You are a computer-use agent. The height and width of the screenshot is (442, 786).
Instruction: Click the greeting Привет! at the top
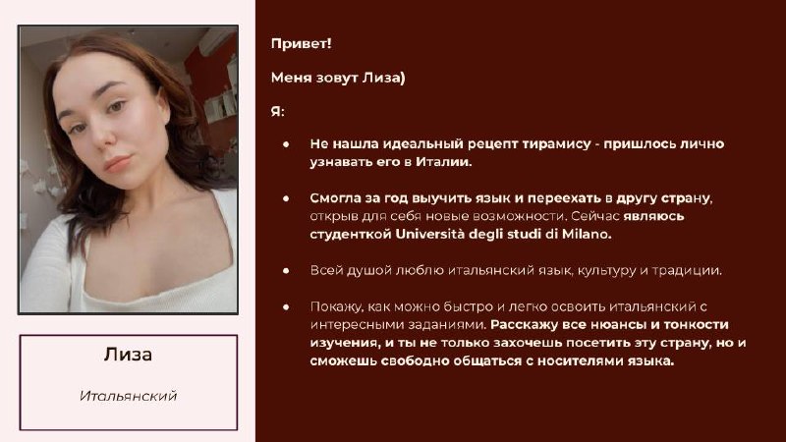point(302,43)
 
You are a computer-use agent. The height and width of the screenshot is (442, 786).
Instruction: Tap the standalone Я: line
point(278,111)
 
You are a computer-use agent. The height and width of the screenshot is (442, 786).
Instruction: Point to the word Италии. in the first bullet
point(444,162)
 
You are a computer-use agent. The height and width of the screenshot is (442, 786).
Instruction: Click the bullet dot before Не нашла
point(286,144)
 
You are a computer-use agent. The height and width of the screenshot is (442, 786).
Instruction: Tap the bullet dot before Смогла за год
point(286,198)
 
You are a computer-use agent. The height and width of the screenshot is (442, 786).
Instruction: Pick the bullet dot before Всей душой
point(286,271)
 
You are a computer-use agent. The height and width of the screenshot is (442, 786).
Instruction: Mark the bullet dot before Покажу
point(286,306)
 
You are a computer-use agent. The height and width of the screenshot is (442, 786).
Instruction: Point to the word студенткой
point(351,235)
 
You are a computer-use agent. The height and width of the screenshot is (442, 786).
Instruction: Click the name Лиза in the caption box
point(129,355)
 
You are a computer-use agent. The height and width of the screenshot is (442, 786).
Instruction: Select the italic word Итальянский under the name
point(129,396)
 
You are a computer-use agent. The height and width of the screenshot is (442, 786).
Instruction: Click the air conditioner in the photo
point(217,40)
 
